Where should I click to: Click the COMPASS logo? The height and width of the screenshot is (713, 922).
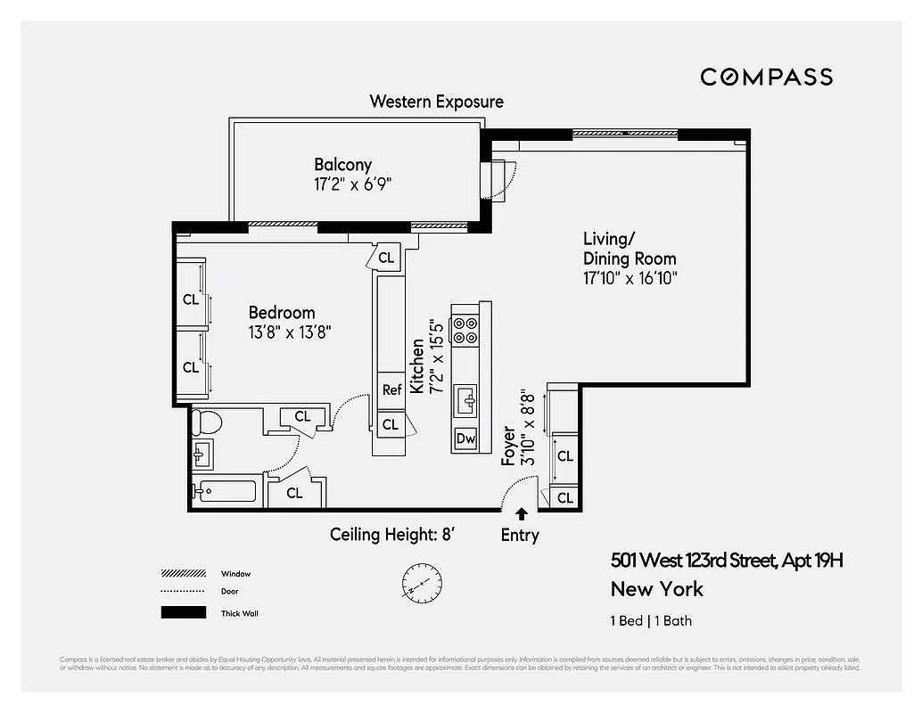pyautogui.click(x=766, y=77)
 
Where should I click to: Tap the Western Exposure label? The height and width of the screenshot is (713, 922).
pyautogui.click(x=436, y=102)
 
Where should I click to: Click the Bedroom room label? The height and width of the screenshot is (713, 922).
pyautogui.click(x=282, y=313)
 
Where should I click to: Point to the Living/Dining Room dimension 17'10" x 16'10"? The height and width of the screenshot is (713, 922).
pyautogui.click(x=630, y=278)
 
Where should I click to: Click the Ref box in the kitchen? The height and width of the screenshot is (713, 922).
pyautogui.click(x=391, y=389)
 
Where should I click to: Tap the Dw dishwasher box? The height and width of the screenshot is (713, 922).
pyautogui.click(x=465, y=438)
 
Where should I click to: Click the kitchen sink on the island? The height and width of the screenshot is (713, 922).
pyautogui.click(x=466, y=400)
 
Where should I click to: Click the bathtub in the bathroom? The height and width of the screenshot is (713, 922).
pyautogui.click(x=227, y=491)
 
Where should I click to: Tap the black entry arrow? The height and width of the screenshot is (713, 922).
pyautogui.click(x=521, y=513)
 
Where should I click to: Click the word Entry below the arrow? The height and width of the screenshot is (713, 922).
pyautogui.click(x=520, y=535)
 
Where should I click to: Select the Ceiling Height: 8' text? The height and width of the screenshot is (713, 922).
pyautogui.click(x=393, y=535)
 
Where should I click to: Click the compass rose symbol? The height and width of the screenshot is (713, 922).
pyautogui.click(x=422, y=581)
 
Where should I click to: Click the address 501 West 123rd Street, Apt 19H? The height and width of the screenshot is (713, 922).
pyautogui.click(x=727, y=561)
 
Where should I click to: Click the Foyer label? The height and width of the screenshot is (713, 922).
pyautogui.click(x=508, y=445)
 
